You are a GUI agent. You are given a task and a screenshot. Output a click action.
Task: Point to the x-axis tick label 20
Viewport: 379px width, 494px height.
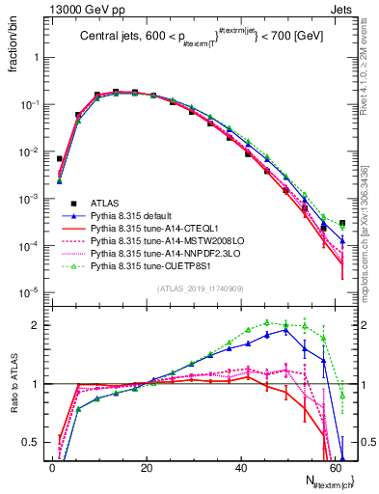pyautogui.click(x=147, y=466)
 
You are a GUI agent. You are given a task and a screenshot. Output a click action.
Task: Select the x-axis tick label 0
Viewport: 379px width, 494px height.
pyautogui.click(x=52, y=466)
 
